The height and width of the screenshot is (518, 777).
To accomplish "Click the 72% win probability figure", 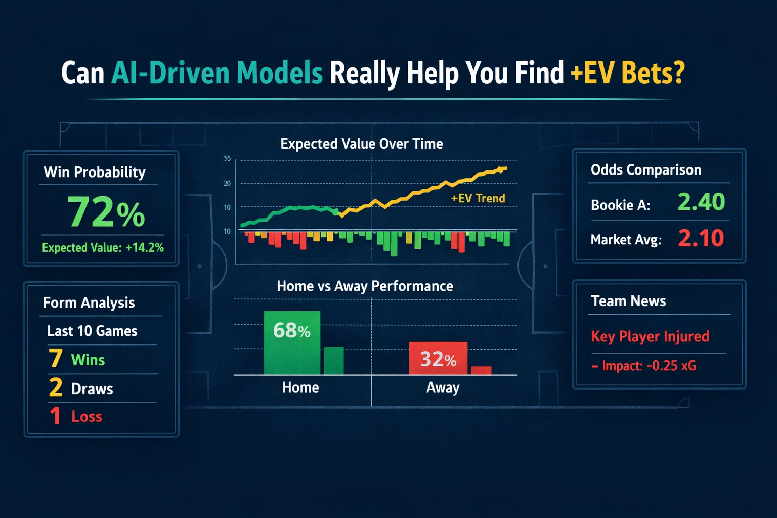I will [x=106, y=211].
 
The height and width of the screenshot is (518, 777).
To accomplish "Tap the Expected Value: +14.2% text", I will [x=103, y=247].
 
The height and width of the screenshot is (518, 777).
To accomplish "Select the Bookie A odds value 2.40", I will [x=701, y=202].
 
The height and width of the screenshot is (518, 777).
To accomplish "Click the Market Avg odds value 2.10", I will [x=701, y=238].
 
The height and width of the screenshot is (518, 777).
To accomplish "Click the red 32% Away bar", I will [x=438, y=359].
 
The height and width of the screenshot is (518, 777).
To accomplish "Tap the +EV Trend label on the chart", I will [x=478, y=198].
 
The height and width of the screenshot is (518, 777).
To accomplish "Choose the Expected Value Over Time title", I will [x=362, y=144].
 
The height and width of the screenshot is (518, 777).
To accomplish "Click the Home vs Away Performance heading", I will [x=365, y=286].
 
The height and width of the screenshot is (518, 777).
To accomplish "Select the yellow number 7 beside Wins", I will [x=56, y=359].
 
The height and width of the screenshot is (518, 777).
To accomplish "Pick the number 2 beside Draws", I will [x=56, y=388].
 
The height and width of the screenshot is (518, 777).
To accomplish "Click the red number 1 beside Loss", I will [x=55, y=416].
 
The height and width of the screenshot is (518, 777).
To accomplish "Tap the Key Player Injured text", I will [x=650, y=336].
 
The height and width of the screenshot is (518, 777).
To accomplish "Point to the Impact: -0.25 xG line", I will [x=644, y=366].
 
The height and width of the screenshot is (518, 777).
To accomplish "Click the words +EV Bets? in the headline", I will [x=627, y=73].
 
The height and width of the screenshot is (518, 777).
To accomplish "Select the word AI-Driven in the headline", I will [x=170, y=73].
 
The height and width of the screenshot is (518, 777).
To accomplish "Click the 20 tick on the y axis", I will [x=227, y=183].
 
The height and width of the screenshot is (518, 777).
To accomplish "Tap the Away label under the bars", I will [x=443, y=387].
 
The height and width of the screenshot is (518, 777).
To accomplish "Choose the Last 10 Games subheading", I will [x=92, y=331].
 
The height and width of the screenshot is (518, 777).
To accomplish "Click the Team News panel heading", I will [x=628, y=301].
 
